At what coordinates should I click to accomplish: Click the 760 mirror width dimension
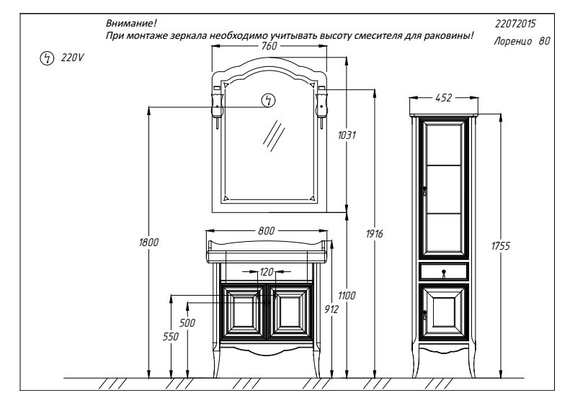[269, 46]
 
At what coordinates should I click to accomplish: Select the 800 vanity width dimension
[266, 231]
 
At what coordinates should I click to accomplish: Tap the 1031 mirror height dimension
[347, 135]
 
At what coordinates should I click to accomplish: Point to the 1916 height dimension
[374, 233]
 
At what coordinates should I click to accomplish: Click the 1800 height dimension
[148, 243]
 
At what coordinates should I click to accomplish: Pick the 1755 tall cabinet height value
[501, 246]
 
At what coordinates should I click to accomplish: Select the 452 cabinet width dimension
[443, 98]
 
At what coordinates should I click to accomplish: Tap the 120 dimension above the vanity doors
[267, 272]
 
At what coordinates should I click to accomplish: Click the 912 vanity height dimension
[331, 309]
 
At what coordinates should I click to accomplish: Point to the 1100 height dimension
[347, 295]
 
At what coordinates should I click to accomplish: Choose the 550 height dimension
[171, 336]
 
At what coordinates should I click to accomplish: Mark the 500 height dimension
[187, 323]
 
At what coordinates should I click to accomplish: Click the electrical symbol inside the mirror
[269, 100]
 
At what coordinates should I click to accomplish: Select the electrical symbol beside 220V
[47, 58]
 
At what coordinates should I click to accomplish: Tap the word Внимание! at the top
[131, 24]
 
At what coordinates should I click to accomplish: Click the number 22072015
[515, 24]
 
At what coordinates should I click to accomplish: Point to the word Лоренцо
[512, 41]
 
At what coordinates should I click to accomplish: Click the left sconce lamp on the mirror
[217, 107]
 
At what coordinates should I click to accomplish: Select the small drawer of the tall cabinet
[444, 271]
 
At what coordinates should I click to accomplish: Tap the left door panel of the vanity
[242, 312]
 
